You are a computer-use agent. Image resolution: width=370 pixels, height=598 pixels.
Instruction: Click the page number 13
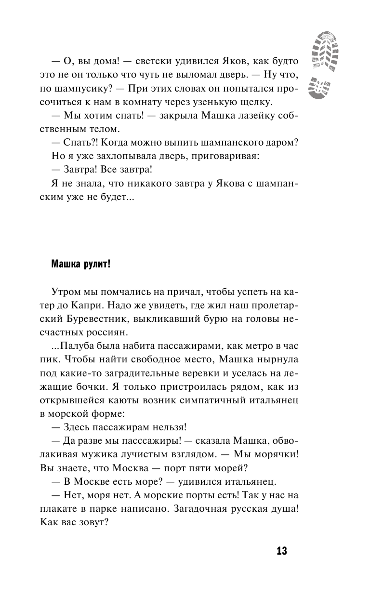(x=282, y=551)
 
